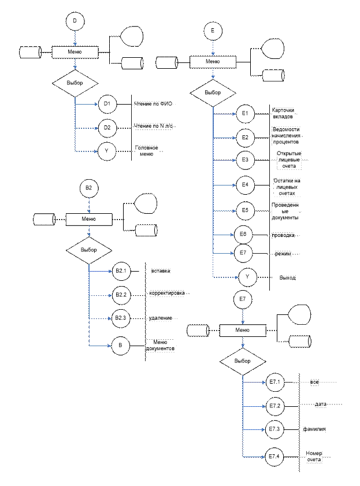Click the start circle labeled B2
pos(89,188)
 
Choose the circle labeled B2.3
pos(121,318)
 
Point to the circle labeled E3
pos(245,160)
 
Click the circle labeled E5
pos(245,211)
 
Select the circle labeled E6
pos(243,235)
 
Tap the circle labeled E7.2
pos(274,406)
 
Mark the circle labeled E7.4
pos(274,457)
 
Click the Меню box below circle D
pos(75,52)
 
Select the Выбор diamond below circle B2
pos(89,250)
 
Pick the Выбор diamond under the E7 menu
pos(243,361)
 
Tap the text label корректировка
pos(168,294)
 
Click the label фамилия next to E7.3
pos(314,429)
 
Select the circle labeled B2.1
pos(121,271)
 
